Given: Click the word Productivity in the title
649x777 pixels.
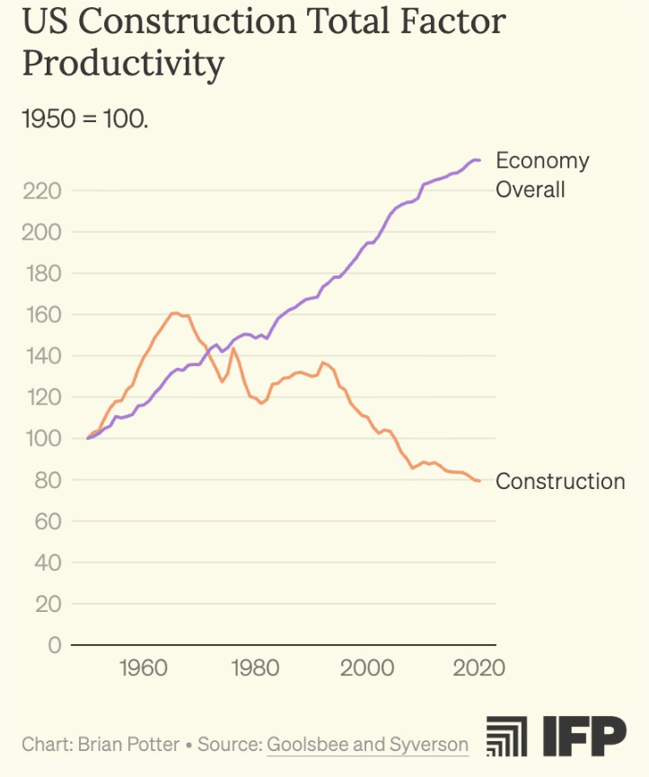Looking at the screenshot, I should [123, 64].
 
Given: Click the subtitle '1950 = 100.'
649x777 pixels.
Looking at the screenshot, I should [84, 118].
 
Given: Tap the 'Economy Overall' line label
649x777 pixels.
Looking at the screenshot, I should [542, 175].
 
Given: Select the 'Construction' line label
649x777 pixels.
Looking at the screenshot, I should [560, 482].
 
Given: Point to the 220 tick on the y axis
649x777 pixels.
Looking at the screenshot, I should [42, 191].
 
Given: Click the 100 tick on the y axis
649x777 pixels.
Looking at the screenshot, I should [42, 439].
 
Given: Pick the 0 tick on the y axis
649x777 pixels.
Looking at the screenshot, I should [53, 645].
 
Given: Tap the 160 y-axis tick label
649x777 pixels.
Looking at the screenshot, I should [42, 315].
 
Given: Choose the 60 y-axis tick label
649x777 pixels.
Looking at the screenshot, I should [48, 521].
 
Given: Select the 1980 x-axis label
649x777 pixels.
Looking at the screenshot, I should [255, 668].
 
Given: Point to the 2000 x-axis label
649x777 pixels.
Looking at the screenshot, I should [367, 668].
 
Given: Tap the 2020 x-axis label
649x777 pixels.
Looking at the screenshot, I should [478, 668].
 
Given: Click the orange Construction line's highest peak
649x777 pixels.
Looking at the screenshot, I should [174, 313].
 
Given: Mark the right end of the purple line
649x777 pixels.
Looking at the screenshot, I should [480, 160].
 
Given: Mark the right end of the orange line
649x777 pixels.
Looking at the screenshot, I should [480, 481].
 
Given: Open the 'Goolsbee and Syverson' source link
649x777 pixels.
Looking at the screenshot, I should [367, 744].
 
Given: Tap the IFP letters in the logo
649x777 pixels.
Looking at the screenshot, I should [583, 738].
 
